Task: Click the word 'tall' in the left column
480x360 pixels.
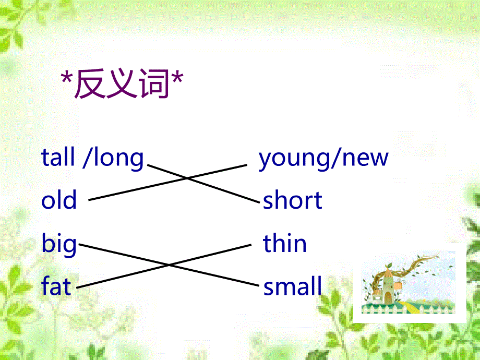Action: click(58, 157)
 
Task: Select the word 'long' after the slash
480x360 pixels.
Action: click(117, 158)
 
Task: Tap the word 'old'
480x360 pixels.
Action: click(59, 200)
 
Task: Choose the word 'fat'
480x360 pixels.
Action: click(56, 286)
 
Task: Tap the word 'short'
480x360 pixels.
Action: click(292, 200)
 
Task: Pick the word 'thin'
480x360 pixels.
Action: click(285, 244)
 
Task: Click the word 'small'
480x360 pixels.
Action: click(292, 286)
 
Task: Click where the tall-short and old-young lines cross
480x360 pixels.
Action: click(188, 178)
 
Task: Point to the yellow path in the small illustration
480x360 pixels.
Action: click(410, 308)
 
